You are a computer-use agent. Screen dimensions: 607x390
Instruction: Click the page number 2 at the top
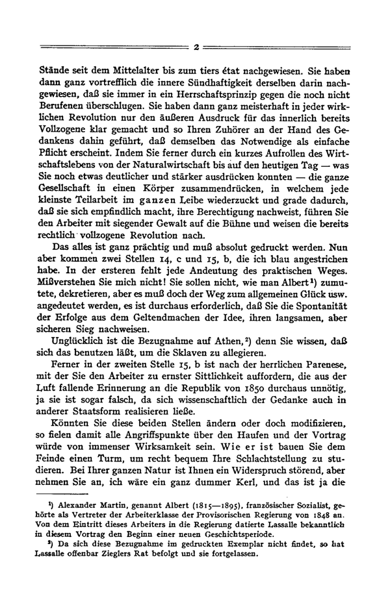coord(196,47)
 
